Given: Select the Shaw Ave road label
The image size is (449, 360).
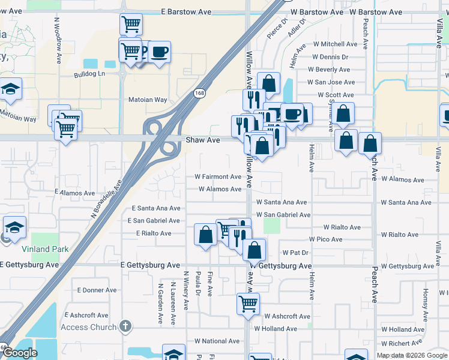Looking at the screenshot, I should click(206, 140).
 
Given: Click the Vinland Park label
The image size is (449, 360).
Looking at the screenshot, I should click(46, 249).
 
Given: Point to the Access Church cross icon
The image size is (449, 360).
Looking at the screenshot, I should click(125, 326).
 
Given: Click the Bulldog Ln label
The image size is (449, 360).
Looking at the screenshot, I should click(89, 74).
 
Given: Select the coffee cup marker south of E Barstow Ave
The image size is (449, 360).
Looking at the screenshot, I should click(159, 52).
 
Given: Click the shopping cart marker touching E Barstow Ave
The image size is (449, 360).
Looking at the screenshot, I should click(131, 25).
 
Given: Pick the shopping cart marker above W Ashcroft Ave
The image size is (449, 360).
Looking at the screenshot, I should click(248, 304).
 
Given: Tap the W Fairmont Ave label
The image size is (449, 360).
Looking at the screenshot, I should click(217, 177).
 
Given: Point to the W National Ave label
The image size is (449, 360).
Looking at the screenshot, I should click(221, 341).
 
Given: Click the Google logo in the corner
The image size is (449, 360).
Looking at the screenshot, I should click(19, 353).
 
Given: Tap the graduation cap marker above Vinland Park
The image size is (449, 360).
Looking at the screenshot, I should click(14, 227).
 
